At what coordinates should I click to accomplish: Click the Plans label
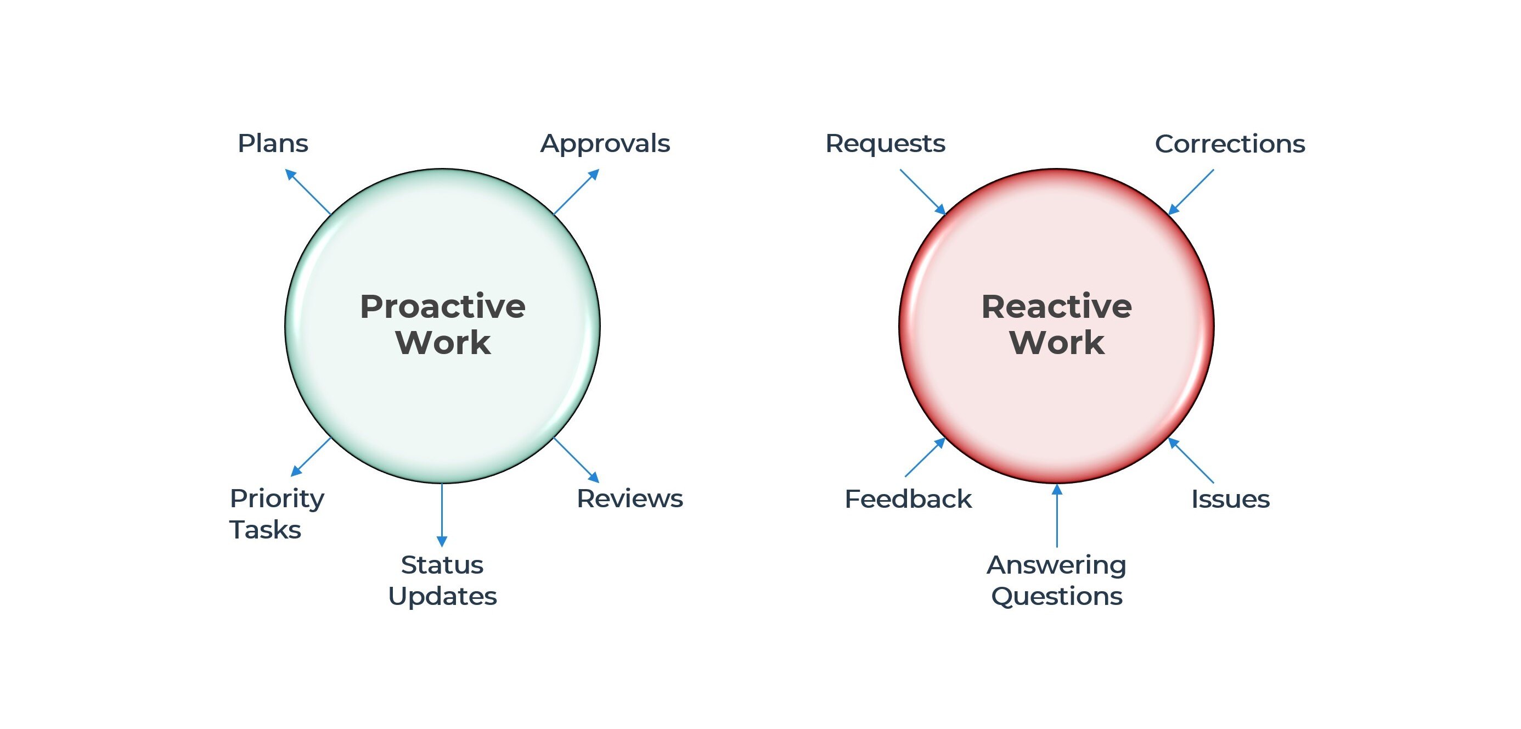click(x=273, y=144)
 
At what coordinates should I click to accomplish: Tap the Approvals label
click(x=605, y=144)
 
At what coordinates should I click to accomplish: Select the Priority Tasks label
click(x=277, y=513)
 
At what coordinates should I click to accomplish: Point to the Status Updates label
click(x=442, y=580)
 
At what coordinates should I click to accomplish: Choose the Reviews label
click(x=629, y=498)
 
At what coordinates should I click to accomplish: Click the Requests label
click(x=885, y=144)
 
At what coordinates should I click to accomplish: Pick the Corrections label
click(x=1229, y=144)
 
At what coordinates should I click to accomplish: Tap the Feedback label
click(x=908, y=499)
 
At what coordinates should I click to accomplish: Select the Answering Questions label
click(x=1056, y=580)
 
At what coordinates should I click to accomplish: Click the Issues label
click(x=1230, y=499)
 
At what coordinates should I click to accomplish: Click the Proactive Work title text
click(x=443, y=324)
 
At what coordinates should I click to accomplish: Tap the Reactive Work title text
click(x=1056, y=324)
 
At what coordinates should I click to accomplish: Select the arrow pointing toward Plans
click(x=308, y=192)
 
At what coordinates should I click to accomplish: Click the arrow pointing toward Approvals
click(x=576, y=192)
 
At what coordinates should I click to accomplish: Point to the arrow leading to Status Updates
click(x=442, y=514)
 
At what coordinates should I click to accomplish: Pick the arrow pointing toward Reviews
click(x=576, y=459)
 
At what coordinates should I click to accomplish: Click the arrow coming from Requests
click(x=922, y=192)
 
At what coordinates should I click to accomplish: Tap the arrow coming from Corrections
click(x=1191, y=192)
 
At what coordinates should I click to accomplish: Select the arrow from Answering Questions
click(x=1057, y=515)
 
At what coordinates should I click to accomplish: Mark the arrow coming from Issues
click(x=1191, y=460)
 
